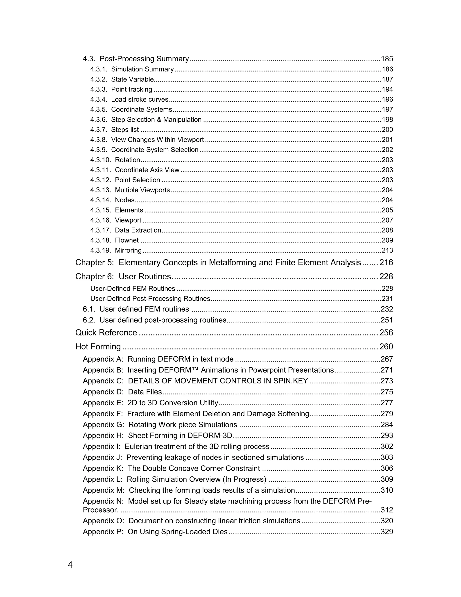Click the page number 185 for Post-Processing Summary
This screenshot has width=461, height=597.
pyautogui.click(x=387, y=59)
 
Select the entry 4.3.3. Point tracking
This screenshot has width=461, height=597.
pyautogui.click(x=121, y=89)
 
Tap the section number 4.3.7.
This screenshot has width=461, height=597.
pyautogui.click(x=99, y=130)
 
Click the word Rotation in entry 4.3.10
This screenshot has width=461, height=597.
pyautogui.click(x=128, y=160)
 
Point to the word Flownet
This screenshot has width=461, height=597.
pyautogui.click(x=127, y=240)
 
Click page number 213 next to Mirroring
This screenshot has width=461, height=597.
pyautogui.click(x=387, y=250)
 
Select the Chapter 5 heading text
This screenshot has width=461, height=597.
pyautogui.click(x=218, y=262)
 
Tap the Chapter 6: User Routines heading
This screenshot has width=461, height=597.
pyautogui.click(x=123, y=276)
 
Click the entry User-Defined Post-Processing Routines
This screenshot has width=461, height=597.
pyautogui.click(x=150, y=298)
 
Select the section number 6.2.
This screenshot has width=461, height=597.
pyautogui.click(x=89, y=320)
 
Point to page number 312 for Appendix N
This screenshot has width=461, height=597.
pyautogui.click(x=387, y=510)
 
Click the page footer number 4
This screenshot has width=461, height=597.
pyautogui.click(x=70, y=565)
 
